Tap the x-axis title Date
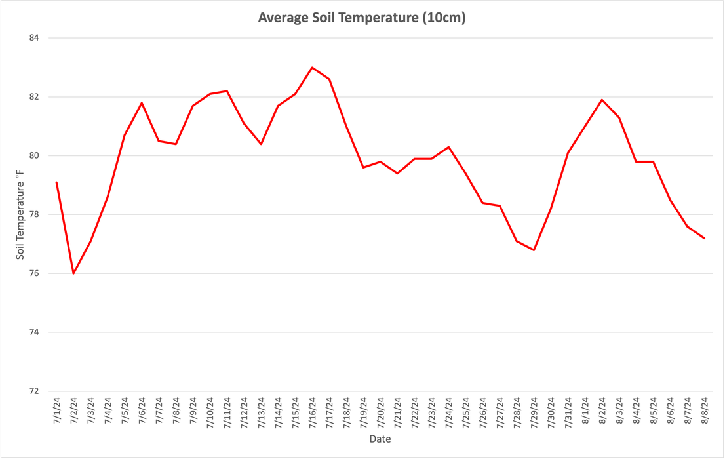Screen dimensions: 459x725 tap(380, 439)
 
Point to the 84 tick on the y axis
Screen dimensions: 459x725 tap(34, 38)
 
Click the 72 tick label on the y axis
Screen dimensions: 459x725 tap(34, 391)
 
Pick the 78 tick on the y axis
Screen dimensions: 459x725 tap(34, 214)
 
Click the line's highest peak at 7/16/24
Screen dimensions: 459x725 tap(312, 67)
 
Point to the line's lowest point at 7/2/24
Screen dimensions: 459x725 tap(73, 273)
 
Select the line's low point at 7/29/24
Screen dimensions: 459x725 tap(534, 250)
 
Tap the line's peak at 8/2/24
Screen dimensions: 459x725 tap(602, 100)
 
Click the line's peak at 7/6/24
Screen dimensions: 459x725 tap(142, 102)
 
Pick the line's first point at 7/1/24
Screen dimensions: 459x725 tap(57, 182)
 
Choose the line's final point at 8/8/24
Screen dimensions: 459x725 tap(704, 238)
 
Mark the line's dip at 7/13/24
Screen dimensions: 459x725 tap(261, 144)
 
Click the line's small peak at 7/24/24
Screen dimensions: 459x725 tap(448, 147)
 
